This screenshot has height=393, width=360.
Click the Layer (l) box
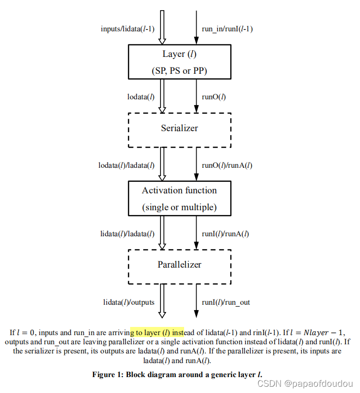pos(179,62)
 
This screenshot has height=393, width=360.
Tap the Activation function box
pos(179,198)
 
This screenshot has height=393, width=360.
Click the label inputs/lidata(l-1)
pos(127,28)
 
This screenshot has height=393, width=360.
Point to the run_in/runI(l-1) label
pos(227,28)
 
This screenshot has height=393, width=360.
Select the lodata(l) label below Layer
pos(141,96)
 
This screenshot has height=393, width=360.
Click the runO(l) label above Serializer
pos(214,96)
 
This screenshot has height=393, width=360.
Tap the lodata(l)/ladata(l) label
pos(126,165)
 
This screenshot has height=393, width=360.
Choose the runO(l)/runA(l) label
pos(227,165)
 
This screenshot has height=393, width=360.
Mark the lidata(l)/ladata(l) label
pos(127,234)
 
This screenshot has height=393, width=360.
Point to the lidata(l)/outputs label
pos(129,302)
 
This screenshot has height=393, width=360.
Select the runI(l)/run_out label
pos(226,302)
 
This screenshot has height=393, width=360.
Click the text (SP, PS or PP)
pos(179,70)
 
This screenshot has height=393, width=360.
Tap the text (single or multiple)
pos(179,207)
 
